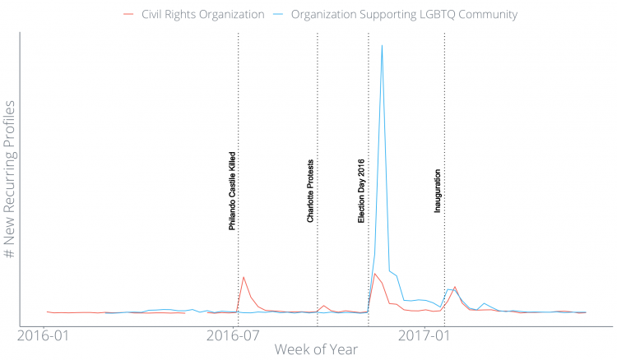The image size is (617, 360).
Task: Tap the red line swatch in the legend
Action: pyautogui.click(x=128, y=15)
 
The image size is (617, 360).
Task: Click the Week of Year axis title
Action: pyautogui.click(x=317, y=350)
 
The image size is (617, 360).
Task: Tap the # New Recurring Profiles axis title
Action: pyautogui.click(x=10, y=180)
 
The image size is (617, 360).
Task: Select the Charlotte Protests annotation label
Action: pyautogui.click(x=311, y=191)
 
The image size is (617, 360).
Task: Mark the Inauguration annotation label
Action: pyautogui.click(x=438, y=191)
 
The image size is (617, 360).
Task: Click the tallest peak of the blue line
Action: pyautogui.click(x=382, y=45)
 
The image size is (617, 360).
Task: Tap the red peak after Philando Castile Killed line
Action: pyautogui.click(x=243, y=277)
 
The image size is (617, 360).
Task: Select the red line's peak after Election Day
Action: pyautogui.click(x=374, y=274)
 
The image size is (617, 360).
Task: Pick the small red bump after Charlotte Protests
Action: pyautogui.click(x=324, y=306)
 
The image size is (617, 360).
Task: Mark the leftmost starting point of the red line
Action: pyautogui.click(x=47, y=312)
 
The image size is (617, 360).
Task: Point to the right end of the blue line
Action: pyautogui.click(x=586, y=312)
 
